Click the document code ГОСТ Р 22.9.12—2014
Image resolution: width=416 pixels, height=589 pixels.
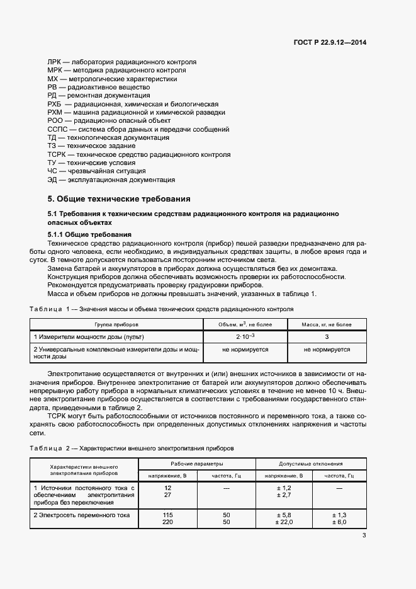click(330, 42)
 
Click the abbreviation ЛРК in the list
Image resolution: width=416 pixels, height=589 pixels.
click(53, 62)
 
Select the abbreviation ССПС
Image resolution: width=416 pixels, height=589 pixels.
click(57, 129)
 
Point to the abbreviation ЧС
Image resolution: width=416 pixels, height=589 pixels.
click(52, 171)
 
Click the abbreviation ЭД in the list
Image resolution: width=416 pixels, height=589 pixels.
click(52, 180)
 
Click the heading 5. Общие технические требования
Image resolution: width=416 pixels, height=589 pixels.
click(114, 198)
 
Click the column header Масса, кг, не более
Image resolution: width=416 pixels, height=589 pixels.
click(327, 324)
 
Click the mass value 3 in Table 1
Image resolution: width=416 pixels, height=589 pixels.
click(327, 336)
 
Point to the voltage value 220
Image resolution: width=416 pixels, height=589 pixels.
click(167, 522)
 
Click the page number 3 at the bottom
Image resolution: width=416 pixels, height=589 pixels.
click(364, 536)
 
